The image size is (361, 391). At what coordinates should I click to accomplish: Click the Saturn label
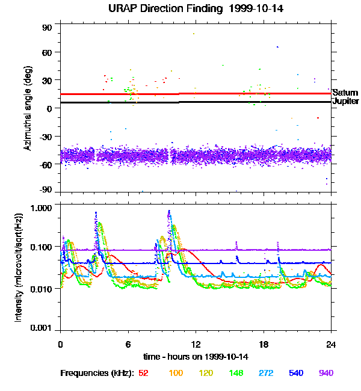tap(345, 93)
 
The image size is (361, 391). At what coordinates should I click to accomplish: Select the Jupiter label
tap(345, 102)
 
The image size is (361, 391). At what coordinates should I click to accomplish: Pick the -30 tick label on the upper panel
tap(46, 136)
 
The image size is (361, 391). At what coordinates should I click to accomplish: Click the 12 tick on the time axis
tap(196, 344)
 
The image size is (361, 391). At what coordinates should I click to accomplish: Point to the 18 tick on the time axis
tap(264, 344)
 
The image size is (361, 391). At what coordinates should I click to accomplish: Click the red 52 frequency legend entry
tap(144, 373)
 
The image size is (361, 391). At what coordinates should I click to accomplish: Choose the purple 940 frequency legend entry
tap(326, 373)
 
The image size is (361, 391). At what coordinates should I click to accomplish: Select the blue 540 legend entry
tap(295, 373)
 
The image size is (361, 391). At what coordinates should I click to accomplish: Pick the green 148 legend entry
tap(236, 373)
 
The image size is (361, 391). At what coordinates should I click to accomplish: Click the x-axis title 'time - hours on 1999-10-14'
tap(196, 357)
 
